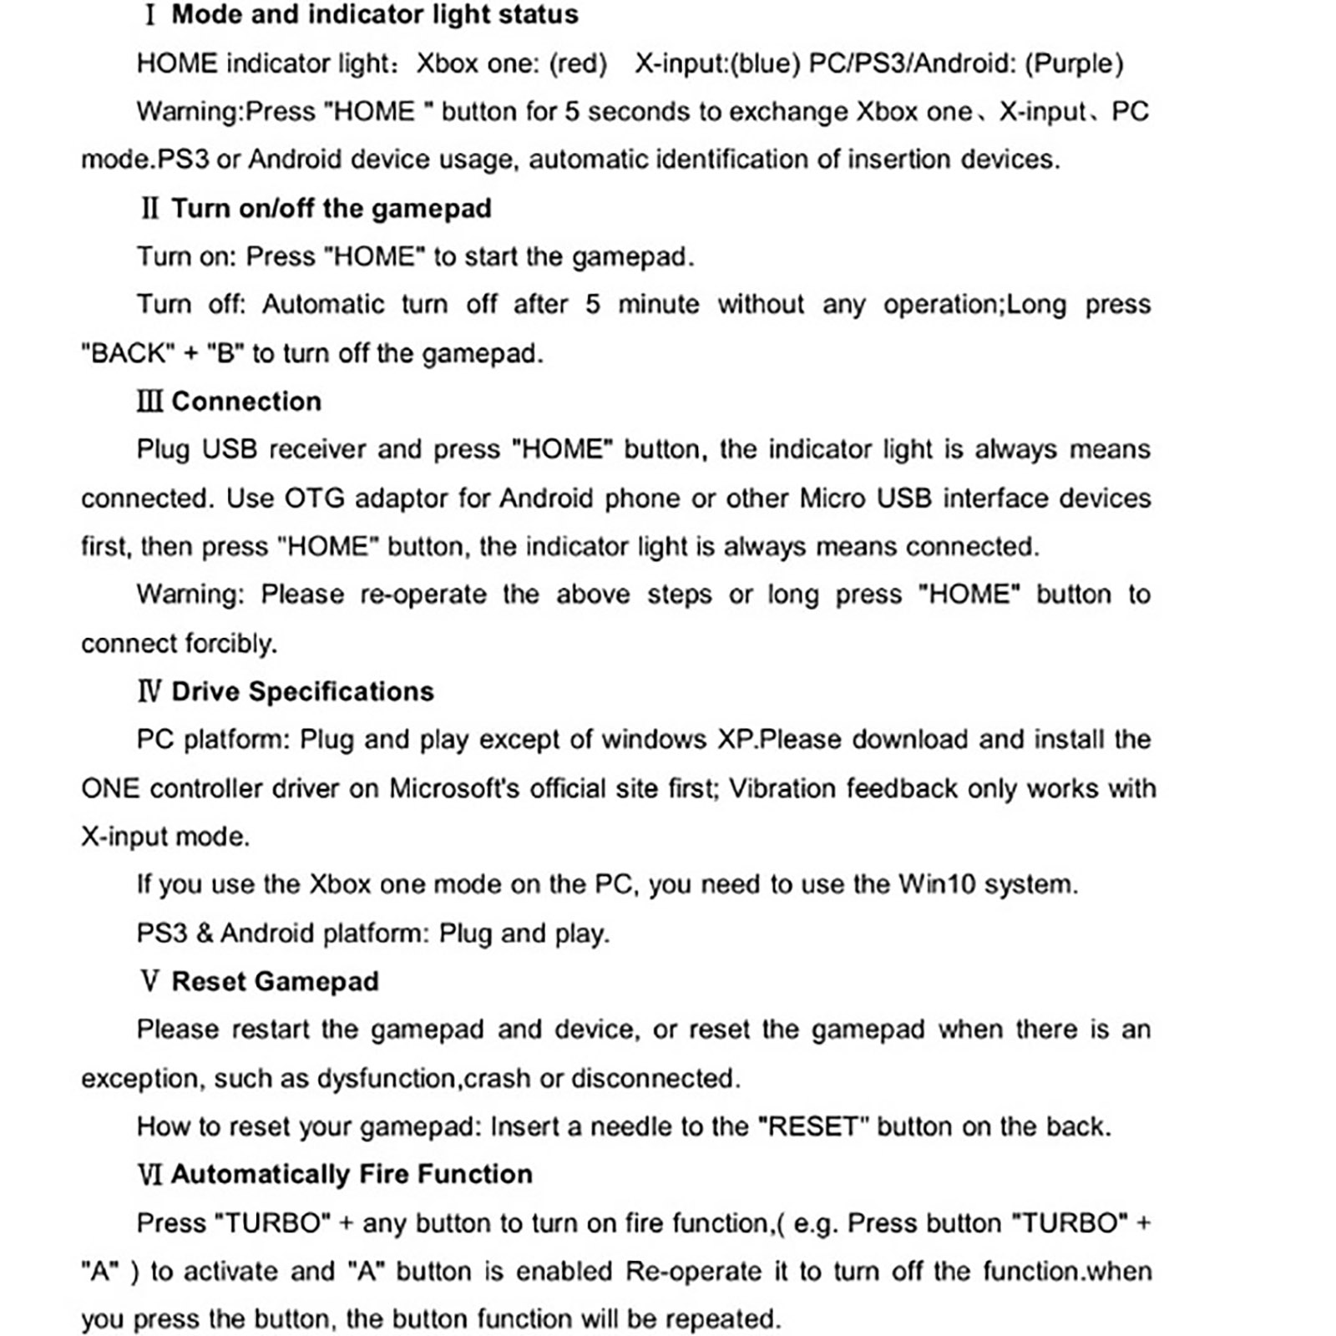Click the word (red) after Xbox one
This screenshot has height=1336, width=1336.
[577, 63]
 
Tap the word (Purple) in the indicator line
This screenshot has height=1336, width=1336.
[1074, 63]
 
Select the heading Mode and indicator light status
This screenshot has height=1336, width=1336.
[375, 15]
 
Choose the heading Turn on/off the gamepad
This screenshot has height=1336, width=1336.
[331, 208]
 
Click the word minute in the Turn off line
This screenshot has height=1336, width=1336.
[658, 304]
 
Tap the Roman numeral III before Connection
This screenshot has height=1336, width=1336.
[149, 402]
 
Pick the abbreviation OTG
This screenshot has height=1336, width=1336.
[315, 498]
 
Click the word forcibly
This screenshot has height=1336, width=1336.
[231, 643]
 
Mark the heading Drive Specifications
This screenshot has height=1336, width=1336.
[302, 691]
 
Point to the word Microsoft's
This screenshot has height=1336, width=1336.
[454, 788]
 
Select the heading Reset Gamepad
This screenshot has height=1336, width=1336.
[275, 981]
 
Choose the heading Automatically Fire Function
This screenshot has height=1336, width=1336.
[352, 1174]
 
